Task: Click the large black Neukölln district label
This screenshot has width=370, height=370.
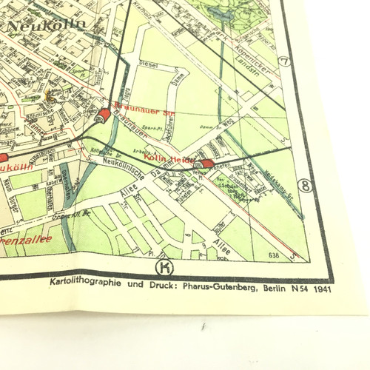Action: pos(46,24)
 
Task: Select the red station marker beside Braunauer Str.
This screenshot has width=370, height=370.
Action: pos(104,115)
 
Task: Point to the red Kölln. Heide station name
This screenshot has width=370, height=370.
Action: pos(169,158)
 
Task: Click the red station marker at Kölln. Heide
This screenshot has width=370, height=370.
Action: pos(207,164)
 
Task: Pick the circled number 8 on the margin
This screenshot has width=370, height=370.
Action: pos(304,185)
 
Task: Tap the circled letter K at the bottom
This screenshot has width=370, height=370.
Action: pos(164,266)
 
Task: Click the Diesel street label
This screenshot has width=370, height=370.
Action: pos(149,65)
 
